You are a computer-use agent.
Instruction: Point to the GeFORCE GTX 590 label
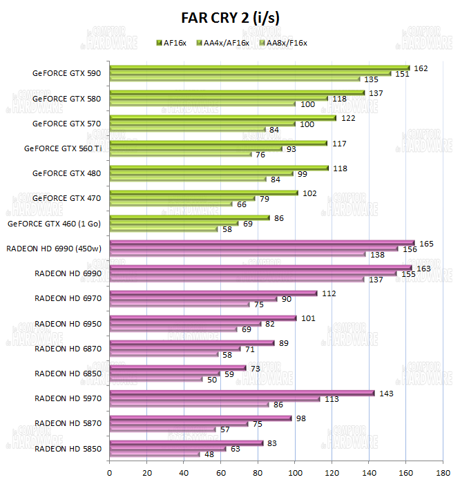coord(66,73)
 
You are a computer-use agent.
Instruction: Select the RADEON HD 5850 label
coord(68,448)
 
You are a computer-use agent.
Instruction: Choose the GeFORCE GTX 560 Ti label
coord(62,148)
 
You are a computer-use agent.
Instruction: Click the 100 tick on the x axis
coord(295,474)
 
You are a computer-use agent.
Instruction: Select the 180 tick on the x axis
coord(443,474)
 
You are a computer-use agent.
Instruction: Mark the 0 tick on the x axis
coord(110,474)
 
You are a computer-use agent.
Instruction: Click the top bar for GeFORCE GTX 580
coord(237,93)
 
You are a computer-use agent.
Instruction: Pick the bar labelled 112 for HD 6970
coord(213,293)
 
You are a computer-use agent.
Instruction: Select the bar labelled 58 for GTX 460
coord(163,229)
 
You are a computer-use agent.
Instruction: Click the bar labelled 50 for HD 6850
coord(155,379)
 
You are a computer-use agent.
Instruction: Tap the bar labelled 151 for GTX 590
coord(249,73)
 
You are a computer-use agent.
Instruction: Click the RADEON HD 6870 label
coord(68,349)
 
